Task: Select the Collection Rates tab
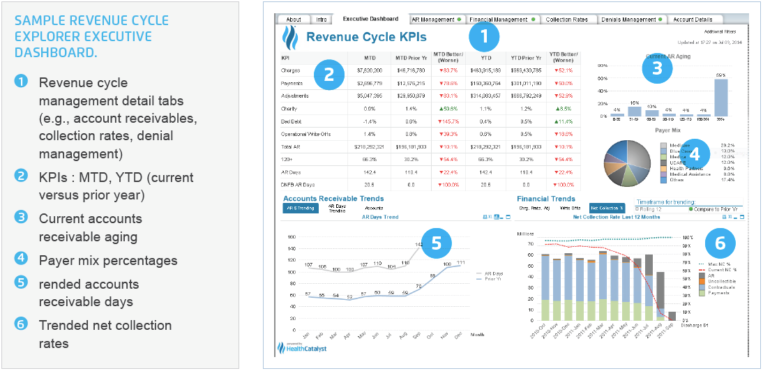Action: [566, 20]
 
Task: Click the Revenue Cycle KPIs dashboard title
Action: [366, 37]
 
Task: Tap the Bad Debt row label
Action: [292, 121]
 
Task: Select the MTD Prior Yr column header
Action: [411, 58]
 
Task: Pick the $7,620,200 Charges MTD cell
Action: [368, 70]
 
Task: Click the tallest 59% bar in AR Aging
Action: [721, 98]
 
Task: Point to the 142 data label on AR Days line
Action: [419, 245]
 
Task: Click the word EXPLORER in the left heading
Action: [44, 36]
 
